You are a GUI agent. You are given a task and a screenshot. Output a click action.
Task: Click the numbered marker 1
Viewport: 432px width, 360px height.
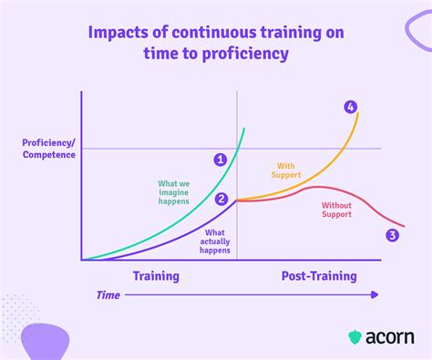(220, 159)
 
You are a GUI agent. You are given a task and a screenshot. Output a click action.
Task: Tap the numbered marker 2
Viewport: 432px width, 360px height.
(221, 199)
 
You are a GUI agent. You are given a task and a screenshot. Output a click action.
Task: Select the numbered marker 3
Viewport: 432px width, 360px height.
(392, 235)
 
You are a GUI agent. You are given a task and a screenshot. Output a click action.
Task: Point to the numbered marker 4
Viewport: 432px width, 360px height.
(351, 107)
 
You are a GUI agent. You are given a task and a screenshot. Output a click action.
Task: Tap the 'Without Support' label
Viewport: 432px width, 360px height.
(336, 211)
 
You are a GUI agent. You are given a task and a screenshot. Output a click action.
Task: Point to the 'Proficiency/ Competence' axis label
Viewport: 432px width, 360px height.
(48, 149)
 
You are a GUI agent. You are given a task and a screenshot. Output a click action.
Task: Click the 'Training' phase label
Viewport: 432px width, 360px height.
(157, 275)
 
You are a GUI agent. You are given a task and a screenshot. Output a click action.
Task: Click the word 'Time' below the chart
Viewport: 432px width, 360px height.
(108, 294)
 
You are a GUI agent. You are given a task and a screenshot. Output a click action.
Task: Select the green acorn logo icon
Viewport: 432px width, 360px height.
(355, 336)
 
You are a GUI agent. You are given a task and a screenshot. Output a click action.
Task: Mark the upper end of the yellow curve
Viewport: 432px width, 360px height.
(359, 112)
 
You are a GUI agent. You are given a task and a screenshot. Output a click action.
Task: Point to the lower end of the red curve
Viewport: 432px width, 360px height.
(404, 226)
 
